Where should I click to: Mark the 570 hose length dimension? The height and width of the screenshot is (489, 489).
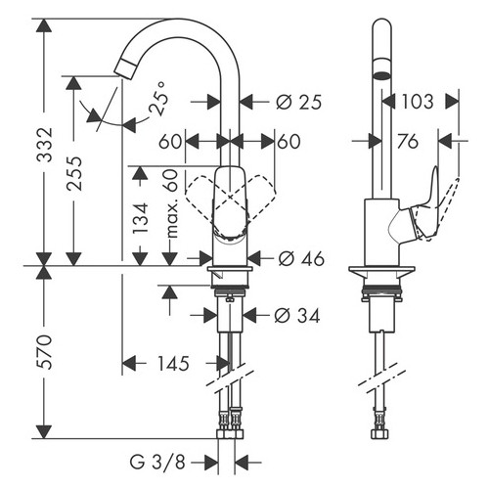pos(19,350)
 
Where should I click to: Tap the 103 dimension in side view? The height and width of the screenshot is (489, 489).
pos(416,100)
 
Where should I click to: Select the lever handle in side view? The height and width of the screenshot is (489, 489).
pos(434,205)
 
